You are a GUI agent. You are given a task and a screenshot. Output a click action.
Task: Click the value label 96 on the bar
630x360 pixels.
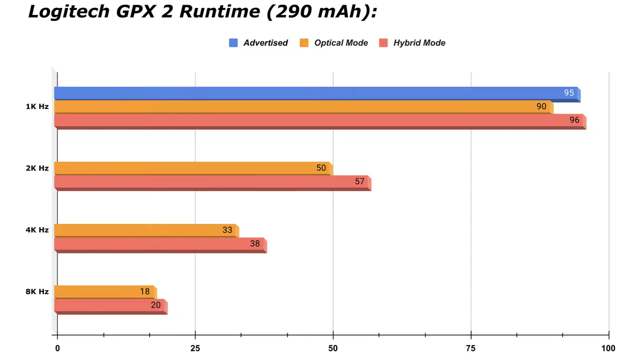tap(574, 120)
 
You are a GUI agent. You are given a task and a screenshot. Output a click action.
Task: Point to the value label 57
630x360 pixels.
tap(360, 181)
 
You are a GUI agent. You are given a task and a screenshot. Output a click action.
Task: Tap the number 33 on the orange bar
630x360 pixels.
tap(227, 230)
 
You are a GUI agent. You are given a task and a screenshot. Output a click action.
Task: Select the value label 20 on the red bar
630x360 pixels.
tap(156, 305)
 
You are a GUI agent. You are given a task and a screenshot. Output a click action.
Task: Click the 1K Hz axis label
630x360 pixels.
tap(37, 107)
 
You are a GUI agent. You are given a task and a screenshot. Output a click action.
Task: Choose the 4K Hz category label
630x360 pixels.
tap(37, 230)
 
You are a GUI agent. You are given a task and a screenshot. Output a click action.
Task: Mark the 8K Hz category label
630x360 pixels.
tap(37, 292)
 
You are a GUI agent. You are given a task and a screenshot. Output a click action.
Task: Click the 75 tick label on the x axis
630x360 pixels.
tap(470, 348)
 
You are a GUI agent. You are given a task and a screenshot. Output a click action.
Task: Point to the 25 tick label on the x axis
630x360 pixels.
tap(195, 348)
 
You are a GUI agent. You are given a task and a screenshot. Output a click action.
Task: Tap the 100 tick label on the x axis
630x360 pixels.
tap(608, 348)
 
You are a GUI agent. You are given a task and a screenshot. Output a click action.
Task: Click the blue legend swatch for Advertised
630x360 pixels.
tap(233, 43)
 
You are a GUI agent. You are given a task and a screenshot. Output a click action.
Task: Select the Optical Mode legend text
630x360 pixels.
tap(341, 43)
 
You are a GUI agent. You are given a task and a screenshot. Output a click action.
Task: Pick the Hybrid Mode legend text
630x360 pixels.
tap(419, 43)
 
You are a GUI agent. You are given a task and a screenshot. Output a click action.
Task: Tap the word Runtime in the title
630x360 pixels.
tap(220, 12)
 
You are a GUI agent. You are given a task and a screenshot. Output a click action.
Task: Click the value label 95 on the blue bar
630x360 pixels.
tap(569, 93)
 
